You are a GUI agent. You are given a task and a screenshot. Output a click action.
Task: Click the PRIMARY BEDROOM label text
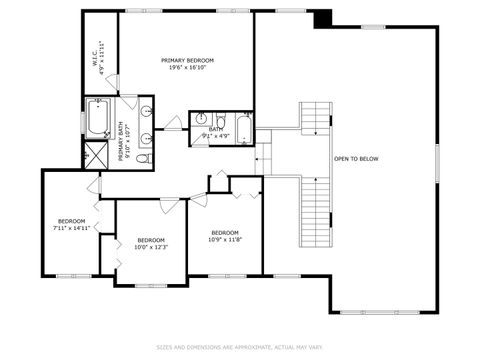click(x=188, y=60)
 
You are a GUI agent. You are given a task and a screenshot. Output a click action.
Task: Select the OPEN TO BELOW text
click(x=355, y=158)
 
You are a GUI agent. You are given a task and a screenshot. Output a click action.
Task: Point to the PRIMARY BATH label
click(x=123, y=143)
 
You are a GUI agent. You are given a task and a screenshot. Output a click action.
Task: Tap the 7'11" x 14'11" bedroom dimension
click(x=71, y=228)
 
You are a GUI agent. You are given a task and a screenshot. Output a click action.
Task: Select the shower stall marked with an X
click(x=97, y=155)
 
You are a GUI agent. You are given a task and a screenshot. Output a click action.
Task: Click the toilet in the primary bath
click(x=142, y=158)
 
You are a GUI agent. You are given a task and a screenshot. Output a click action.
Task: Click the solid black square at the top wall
click(x=322, y=19)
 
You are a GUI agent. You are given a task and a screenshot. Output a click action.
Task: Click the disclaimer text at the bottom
click(x=239, y=348)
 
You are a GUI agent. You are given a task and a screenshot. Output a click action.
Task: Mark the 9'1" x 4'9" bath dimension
click(x=217, y=134)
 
